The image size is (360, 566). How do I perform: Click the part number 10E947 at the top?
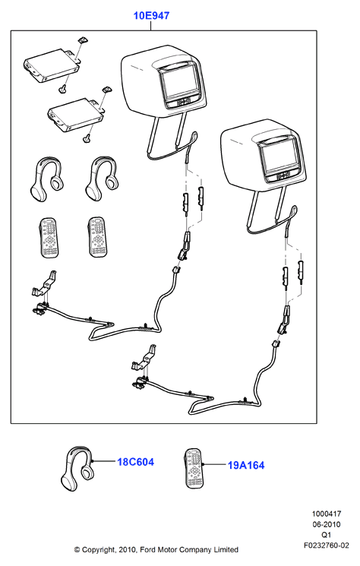coord(151,16)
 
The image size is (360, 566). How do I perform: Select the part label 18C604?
coord(135,462)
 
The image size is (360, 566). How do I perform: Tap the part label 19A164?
coord(246,465)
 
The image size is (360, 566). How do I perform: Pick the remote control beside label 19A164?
coord(194,469)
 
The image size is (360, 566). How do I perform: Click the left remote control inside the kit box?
coord(48,237)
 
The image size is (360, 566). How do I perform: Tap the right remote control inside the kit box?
coord(96,237)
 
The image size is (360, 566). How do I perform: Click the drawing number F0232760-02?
coord(327,545)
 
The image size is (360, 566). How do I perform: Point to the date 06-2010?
coord(327,524)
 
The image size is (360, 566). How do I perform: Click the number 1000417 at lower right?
coord(327,514)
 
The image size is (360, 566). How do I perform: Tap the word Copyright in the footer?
coord(99,550)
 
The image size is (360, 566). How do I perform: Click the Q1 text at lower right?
coord(326,535)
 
